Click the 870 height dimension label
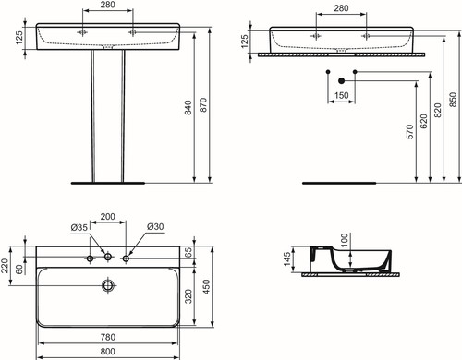point(203,104)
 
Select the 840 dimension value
point(188,107)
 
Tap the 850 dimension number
point(453,100)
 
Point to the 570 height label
point(410,132)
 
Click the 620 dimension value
point(424,121)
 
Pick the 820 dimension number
point(437,110)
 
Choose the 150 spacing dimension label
point(341,95)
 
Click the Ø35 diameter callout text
point(79,227)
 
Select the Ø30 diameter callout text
point(155,227)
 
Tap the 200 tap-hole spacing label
point(108,217)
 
